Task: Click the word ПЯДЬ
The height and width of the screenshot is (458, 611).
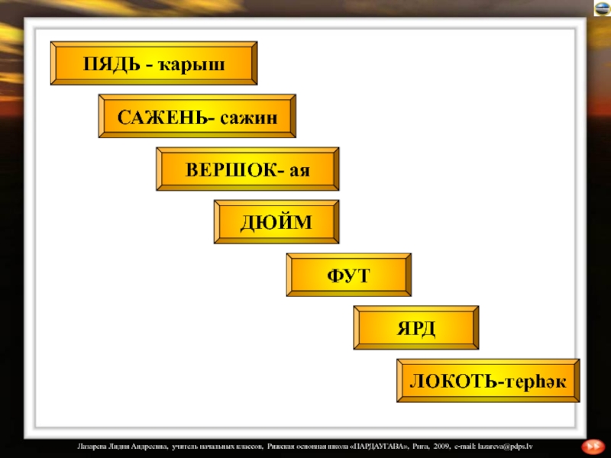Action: pos(113,64)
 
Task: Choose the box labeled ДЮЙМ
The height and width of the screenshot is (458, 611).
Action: pos(276,223)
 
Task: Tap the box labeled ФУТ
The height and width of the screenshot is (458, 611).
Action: pos(348,276)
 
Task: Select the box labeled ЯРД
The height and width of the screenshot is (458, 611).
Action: pos(415,329)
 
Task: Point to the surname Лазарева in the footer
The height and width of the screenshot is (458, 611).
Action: pos(95,445)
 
